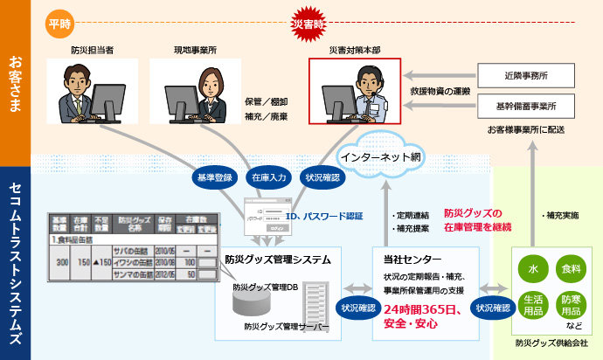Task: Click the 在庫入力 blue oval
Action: [x=268, y=176]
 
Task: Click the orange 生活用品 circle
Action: [x=532, y=305]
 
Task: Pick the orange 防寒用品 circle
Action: [x=569, y=305]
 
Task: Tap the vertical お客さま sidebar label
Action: [x=15, y=83]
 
